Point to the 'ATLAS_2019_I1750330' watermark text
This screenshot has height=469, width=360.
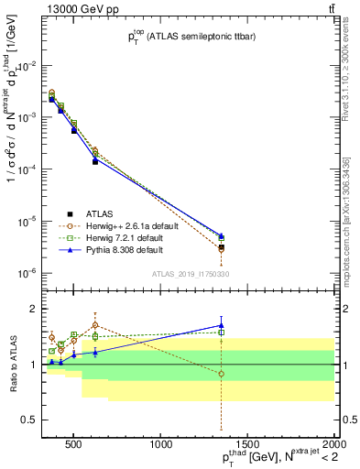(191, 274)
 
